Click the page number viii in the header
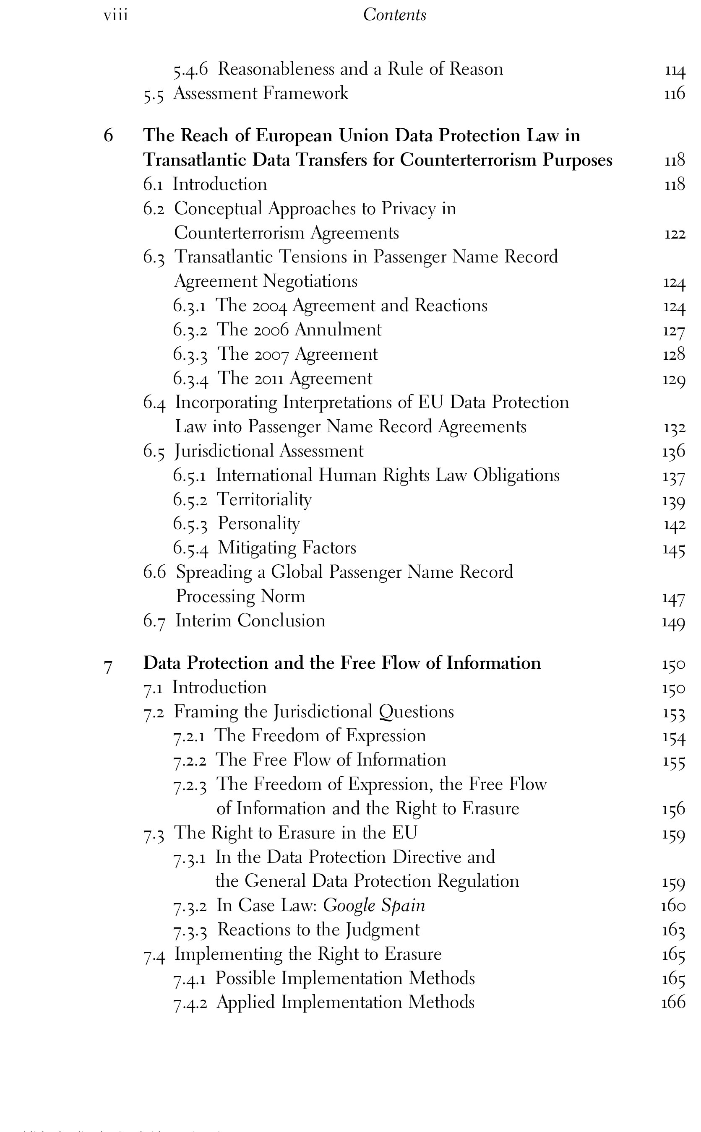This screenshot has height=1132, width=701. click(x=115, y=15)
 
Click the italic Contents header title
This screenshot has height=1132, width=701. click(x=394, y=15)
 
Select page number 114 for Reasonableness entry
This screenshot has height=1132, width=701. click(x=675, y=70)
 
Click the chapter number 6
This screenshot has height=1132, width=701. click(x=108, y=136)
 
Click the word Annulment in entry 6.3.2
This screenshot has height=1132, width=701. click(x=338, y=330)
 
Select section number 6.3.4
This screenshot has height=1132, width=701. click(x=190, y=379)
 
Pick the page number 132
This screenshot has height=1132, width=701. click(x=674, y=428)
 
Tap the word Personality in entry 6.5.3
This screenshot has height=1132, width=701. click(x=259, y=524)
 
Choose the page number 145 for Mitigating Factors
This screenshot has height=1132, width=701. click(x=674, y=550)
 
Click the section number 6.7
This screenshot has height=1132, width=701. click(x=154, y=621)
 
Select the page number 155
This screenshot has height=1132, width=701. click(x=674, y=761)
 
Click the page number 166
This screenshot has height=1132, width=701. click(x=673, y=1002)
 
